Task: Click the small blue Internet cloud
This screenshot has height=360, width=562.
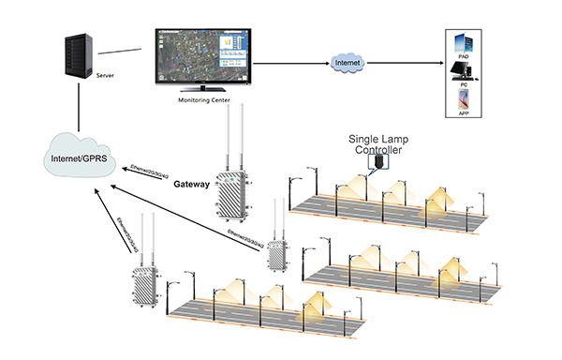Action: [x=347, y=63]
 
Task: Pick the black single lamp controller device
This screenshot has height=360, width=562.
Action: [x=377, y=162]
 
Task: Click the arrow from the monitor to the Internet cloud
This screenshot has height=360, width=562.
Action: [x=290, y=63]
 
